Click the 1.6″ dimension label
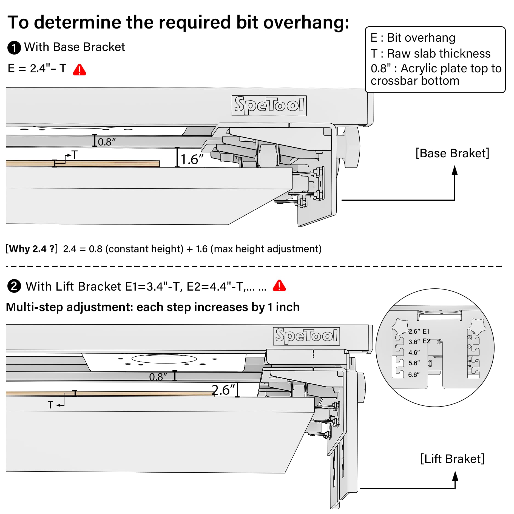pos(192,159)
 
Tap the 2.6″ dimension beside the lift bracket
pos(223,390)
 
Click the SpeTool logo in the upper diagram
pos(269,106)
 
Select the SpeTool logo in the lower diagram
pos(306,336)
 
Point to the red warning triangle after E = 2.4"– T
pos(79,70)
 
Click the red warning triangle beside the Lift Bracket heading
pos(279,286)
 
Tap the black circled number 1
pos(14,48)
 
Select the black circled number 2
pos(14,286)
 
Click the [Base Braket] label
pos(452,153)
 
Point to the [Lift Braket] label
pos(452,459)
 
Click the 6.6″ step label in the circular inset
pos(414,375)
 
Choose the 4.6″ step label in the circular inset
pos(414,353)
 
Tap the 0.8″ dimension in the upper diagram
pos(107,142)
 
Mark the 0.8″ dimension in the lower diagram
pos(158,377)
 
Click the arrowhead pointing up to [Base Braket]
pos(455,170)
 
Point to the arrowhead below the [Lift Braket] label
pos(455,476)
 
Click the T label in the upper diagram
pos(75,155)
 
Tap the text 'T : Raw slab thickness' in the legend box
pos(430,53)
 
